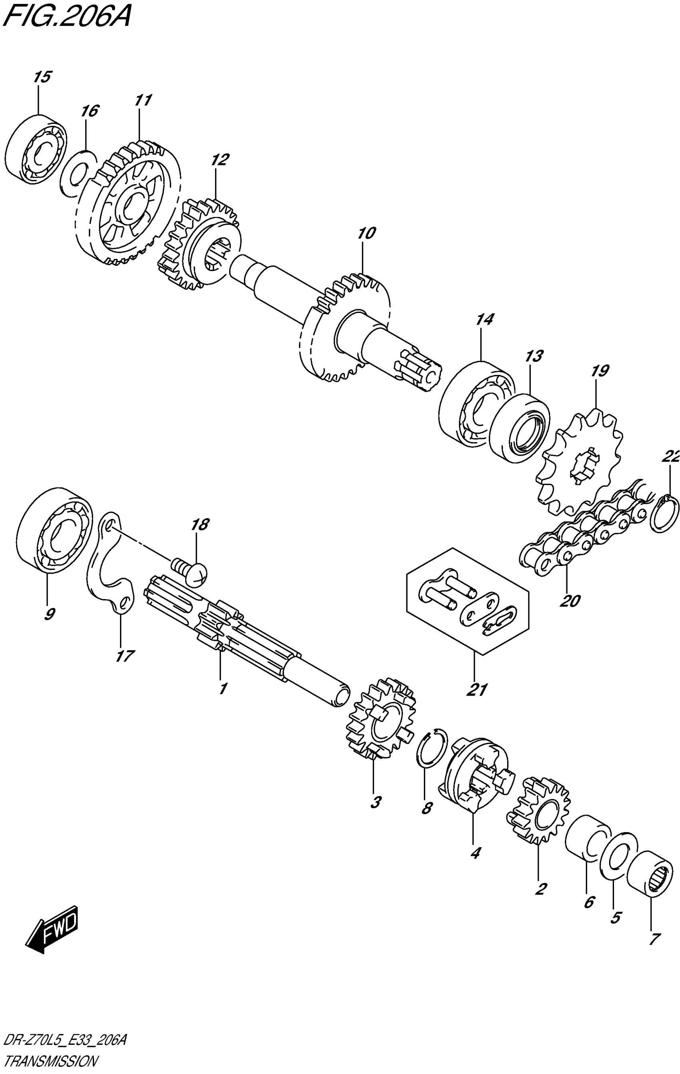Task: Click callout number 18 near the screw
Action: click(x=200, y=525)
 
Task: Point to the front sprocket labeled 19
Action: click(x=580, y=464)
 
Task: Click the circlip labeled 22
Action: click(x=664, y=513)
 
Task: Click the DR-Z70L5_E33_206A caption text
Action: click(x=65, y=1042)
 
